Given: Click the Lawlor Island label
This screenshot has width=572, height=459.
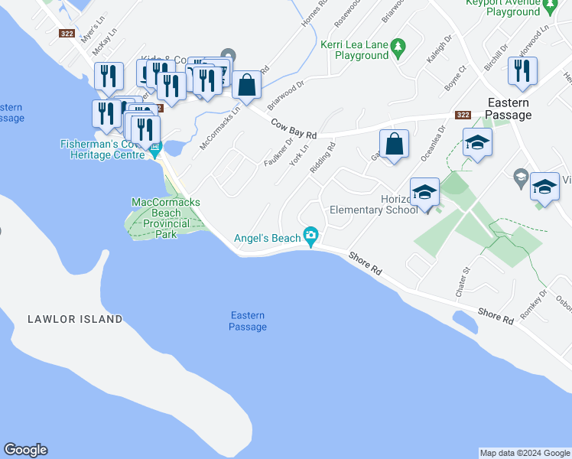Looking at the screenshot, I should [x=76, y=319].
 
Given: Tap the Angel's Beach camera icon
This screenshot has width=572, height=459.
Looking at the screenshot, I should [x=310, y=237].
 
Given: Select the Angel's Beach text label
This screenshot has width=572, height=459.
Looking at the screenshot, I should [x=267, y=238].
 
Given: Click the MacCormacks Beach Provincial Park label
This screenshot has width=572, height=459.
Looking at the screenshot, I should [x=166, y=218].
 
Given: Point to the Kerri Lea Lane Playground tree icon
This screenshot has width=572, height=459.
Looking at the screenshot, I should [x=398, y=49].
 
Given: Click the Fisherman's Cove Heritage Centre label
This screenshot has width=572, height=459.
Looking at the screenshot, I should [x=102, y=149].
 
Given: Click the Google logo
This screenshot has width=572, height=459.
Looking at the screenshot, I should [x=25, y=450].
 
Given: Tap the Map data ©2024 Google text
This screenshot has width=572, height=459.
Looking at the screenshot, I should [x=524, y=453].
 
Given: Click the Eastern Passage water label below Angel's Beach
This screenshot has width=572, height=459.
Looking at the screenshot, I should [x=248, y=321].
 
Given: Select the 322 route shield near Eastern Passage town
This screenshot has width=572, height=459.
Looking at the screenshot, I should [x=462, y=115].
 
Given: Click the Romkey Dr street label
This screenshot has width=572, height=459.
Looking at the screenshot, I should [x=533, y=304].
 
